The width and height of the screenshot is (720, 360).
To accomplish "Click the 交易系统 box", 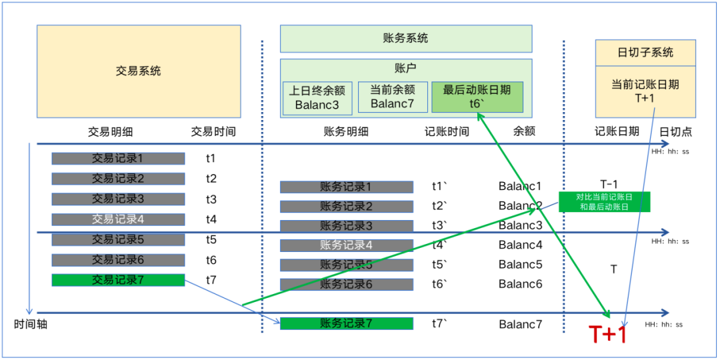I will tap(139, 71).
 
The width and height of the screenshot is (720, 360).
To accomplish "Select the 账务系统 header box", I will tap(405, 39).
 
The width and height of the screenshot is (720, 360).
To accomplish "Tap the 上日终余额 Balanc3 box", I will tap(317, 97).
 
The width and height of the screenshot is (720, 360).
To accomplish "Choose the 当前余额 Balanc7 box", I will tap(393, 97).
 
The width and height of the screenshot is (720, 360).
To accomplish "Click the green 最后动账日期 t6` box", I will tap(477, 97).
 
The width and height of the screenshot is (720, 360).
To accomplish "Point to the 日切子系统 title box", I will tap(645, 52).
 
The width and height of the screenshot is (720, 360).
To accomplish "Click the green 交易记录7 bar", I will tap(118, 280).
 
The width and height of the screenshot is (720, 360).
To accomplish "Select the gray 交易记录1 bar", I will tap(118, 159).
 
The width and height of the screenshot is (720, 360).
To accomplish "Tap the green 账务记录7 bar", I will tap(346, 324).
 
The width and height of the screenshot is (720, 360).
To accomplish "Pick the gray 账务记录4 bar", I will tap(346, 245).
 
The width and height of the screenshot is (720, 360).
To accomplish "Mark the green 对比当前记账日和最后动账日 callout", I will tap(604, 202).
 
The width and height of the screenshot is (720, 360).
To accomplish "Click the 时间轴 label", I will tap(31, 325).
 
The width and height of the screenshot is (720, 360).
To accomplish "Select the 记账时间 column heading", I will tap(447, 132).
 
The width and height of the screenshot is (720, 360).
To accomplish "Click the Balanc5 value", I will tap(520, 265).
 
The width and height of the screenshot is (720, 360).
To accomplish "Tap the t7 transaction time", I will tap(211, 280).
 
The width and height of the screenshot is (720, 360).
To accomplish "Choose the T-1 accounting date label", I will tap(609, 185).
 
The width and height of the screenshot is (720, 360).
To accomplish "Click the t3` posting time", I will tap(439, 225).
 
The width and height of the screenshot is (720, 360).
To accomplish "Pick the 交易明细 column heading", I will tap(110, 132).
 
